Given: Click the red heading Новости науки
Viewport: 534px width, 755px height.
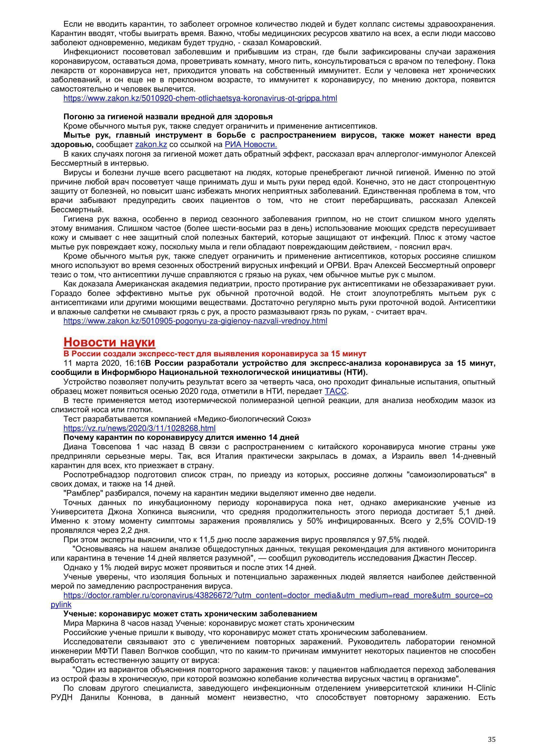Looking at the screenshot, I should (x=109, y=342).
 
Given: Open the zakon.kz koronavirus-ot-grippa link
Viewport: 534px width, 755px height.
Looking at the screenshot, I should (x=200, y=98).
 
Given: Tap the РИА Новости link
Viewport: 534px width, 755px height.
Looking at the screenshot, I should (x=251, y=145).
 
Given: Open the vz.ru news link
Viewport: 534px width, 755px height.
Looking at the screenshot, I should (x=139, y=428).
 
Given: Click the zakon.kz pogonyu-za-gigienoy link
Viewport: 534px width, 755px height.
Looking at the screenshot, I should (x=195, y=321).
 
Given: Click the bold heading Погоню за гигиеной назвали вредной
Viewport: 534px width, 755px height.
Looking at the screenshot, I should (x=168, y=117).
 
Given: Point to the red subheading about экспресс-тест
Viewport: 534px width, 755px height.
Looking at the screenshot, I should (x=215, y=354).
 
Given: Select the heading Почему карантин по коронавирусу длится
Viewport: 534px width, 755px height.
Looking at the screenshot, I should (x=181, y=437).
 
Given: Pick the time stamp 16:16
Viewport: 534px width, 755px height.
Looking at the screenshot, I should (x=137, y=363).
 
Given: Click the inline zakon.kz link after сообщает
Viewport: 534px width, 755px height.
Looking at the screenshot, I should (x=151, y=145).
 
